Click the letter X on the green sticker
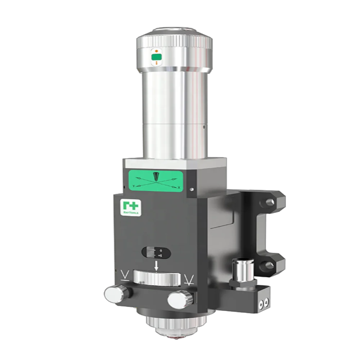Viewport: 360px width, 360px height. tap(179, 188)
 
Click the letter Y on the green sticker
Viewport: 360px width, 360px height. tap(134, 186)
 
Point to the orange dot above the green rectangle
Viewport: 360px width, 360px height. tap(156, 51)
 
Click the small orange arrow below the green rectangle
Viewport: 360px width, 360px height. tap(156, 63)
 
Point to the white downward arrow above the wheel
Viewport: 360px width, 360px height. tap(156, 266)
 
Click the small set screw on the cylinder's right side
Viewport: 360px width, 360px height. tap(204, 126)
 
